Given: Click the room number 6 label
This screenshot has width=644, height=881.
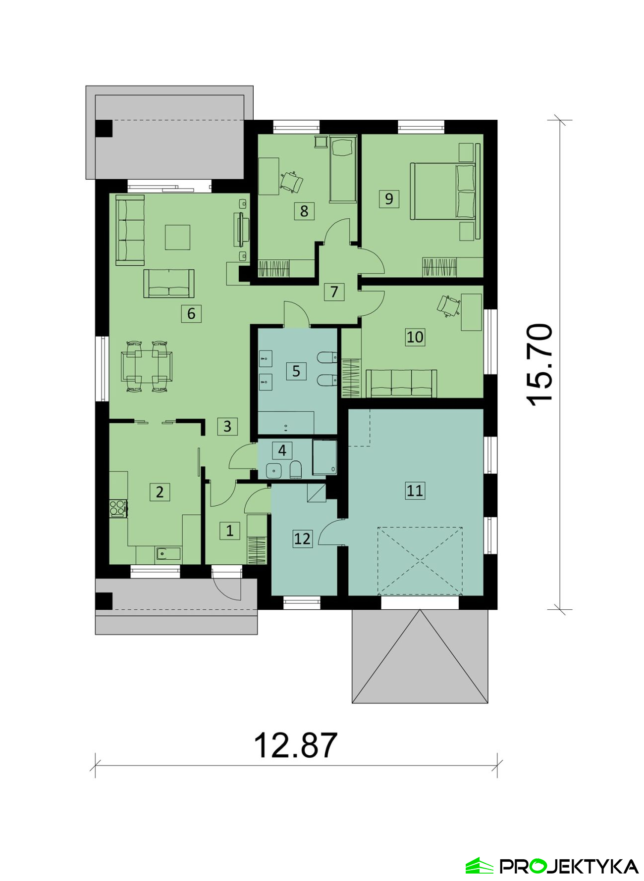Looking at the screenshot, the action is pyautogui.click(x=191, y=313).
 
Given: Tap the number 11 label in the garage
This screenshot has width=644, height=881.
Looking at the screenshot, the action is pyautogui.click(x=415, y=490).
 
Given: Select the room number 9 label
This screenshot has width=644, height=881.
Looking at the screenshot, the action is pyautogui.click(x=389, y=198).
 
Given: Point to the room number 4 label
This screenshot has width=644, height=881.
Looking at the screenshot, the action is pyautogui.click(x=282, y=450).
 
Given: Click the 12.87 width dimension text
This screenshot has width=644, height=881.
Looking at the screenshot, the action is pyautogui.click(x=296, y=746).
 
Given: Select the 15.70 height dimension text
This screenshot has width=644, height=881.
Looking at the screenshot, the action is pyautogui.click(x=540, y=365).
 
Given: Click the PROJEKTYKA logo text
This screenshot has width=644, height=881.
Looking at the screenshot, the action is pyautogui.click(x=569, y=866).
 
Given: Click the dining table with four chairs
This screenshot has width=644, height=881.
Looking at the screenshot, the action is pyautogui.click(x=147, y=366).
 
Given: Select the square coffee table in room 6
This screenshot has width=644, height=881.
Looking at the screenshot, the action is pyautogui.click(x=177, y=237).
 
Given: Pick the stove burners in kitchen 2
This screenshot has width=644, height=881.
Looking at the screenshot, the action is pyautogui.click(x=118, y=508).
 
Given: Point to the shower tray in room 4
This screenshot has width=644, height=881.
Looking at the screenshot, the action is pyautogui.click(x=324, y=457).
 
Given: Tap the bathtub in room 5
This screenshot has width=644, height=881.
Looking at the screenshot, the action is pyautogui.click(x=286, y=422).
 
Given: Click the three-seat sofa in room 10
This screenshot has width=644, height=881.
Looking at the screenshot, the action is pyautogui.click(x=401, y=384).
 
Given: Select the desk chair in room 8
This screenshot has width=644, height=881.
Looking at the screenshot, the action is pyautogui.click(x=291, y=181).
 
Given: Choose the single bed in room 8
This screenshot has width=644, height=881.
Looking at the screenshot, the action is pyautogui.click(x=343, y=169).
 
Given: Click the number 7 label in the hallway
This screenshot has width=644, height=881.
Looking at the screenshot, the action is pyautogui.click(x=334, y=292).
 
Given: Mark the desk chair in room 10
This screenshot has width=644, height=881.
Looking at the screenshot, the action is pyautogui.click(x=449, y=305).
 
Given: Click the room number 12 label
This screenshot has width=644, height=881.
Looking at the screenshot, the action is pyautogui.click(x=302, y=538).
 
